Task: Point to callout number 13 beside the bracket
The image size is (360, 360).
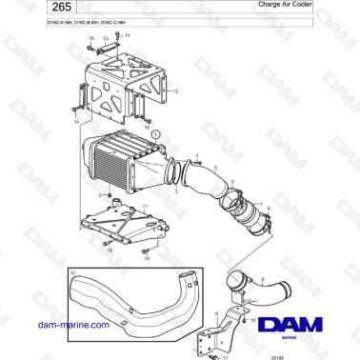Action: click(175, 90)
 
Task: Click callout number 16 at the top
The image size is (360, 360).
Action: click(91, 39)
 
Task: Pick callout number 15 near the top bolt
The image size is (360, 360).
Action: click(106, 39)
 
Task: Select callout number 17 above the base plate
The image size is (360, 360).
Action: click(145, 206)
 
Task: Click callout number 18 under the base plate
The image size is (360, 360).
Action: click(110, 250)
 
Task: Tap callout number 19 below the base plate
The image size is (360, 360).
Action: click(147, 257)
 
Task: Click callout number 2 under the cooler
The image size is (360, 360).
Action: click(99, 194)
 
